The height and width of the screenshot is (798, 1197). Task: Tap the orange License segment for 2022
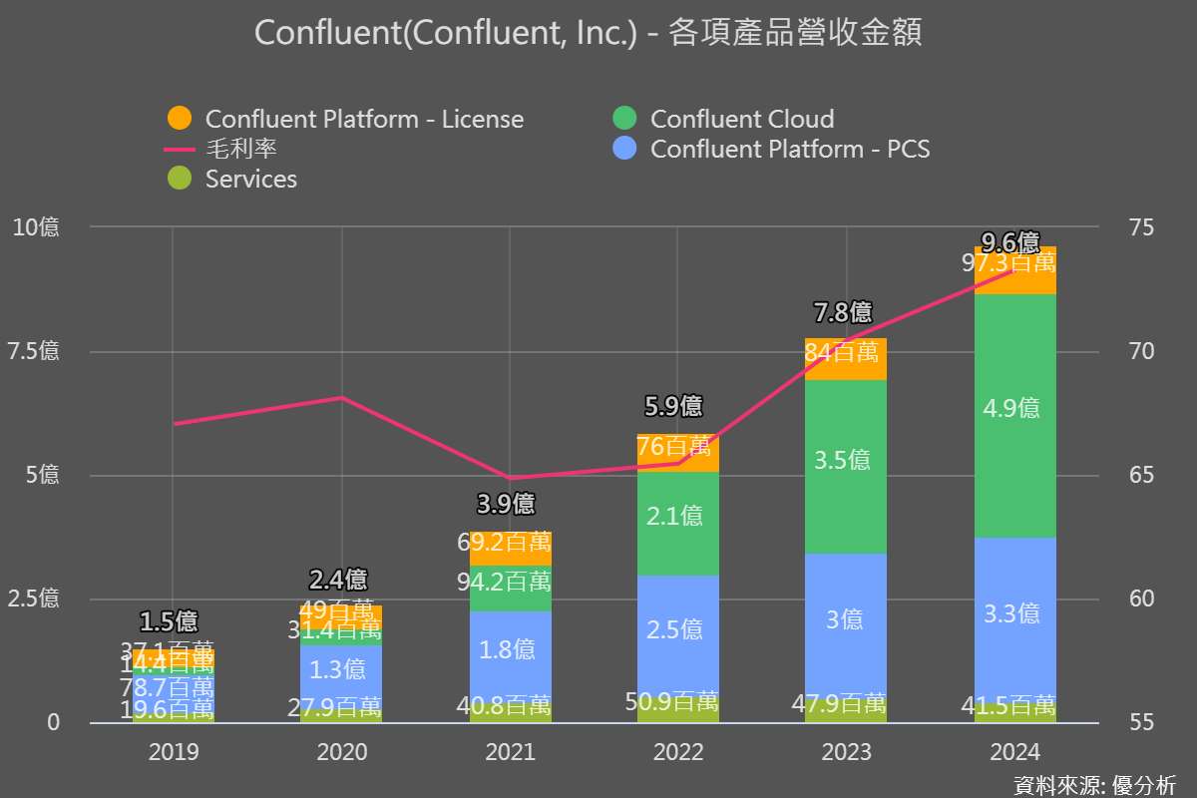677,455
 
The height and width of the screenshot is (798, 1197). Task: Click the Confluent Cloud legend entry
723,119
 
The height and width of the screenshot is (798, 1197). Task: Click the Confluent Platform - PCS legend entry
771,149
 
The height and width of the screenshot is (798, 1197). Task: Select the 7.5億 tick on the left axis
36,351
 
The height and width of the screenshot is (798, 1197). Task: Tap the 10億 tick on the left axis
36,227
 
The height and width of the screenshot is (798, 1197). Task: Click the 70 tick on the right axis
1115,351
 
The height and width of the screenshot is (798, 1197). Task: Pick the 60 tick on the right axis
1115,598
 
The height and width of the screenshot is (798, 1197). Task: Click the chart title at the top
589,33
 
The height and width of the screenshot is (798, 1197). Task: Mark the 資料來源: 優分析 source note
1094,784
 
